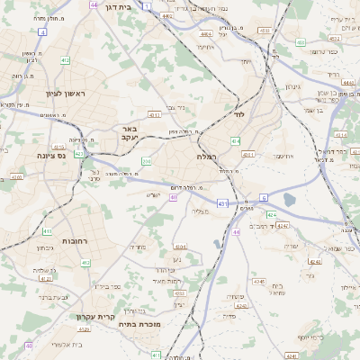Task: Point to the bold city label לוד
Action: pyautogui.click(x=238, y=116)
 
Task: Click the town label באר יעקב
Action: pyautogui.click(x=129, y=133)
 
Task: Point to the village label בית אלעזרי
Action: pyautogui.click(x=67, y=344)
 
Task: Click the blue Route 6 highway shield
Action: pyautogui.click(x=264, y=196)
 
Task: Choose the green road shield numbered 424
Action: pyautogui.click(x=272, y=214)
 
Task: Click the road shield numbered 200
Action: pyautogui.click(x=147, y=161)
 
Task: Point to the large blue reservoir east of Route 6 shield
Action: pyautogui.click(x=289, y=201)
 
